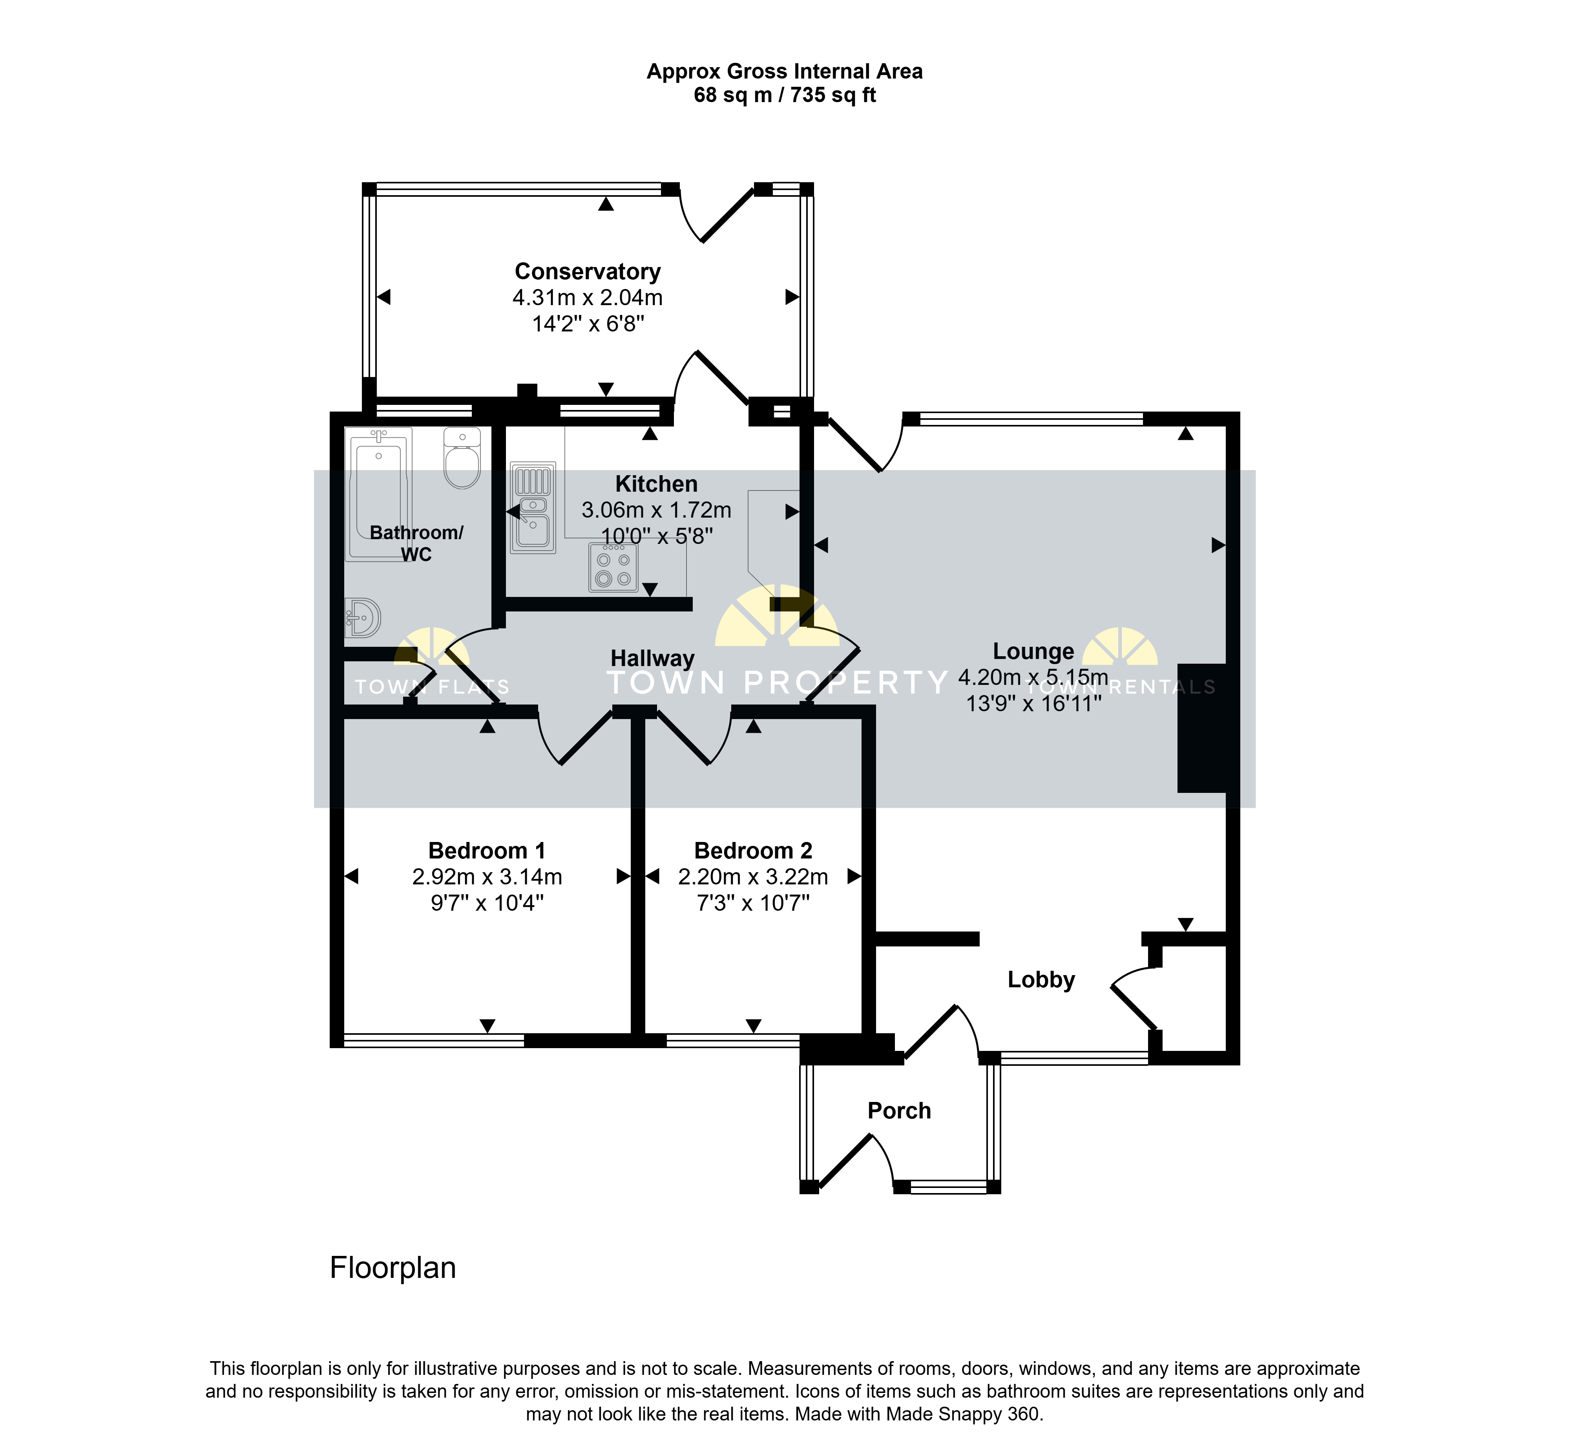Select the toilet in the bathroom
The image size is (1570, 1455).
pos(462,458)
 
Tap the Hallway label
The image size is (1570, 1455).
pos(652,658)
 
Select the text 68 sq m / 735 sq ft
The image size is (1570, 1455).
pos(785,95)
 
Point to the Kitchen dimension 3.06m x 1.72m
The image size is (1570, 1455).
pos(656,510)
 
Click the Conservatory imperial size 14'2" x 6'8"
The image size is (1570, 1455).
pos(588,324)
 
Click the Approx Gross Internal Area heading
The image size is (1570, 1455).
pos(785,71)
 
